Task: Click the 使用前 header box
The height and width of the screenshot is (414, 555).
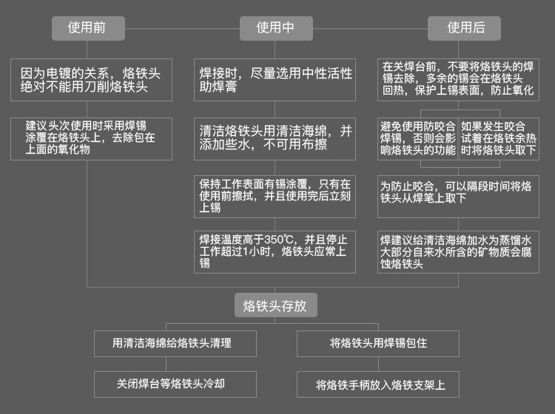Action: pyautogui.click(x=87, y=28)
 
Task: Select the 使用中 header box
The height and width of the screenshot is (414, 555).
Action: pyautogui.click(x=275, y=28)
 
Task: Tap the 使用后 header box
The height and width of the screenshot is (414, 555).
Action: pyautogui.click(x=464, y=28)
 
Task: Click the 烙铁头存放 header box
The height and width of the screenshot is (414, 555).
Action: pyautogui.click(x=275, y=305)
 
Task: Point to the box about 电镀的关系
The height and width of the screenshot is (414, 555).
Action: pyautogui.click(x=92, y=80)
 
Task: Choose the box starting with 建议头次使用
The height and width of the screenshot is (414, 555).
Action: pyautogui.click(x=92, y=138)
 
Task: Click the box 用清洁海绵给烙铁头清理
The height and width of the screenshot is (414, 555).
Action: pyautogui.click(x=175, y=344)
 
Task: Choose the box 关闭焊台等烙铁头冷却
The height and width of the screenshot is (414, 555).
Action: pyautogui.click(x=175, y=384)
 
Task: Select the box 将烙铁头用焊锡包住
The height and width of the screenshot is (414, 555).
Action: pyautogui.click(x=379, y=344)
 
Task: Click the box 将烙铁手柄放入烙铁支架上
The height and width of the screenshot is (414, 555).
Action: pyautogui.click(x=379, y=384)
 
